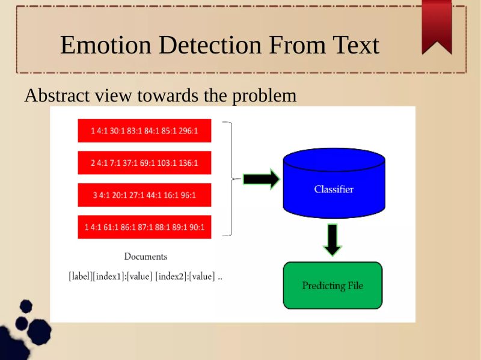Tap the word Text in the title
pos(355,46)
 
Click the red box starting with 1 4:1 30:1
pos(144,130)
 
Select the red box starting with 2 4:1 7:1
pos(144,162)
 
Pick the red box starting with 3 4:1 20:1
pos(144,195)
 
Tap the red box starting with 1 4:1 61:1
pos(144,227)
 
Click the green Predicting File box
pos(332,285)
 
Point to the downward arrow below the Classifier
pos(332,239)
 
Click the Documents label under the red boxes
pos(146,257)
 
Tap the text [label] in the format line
pos(80,277)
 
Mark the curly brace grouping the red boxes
pos(229,178)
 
